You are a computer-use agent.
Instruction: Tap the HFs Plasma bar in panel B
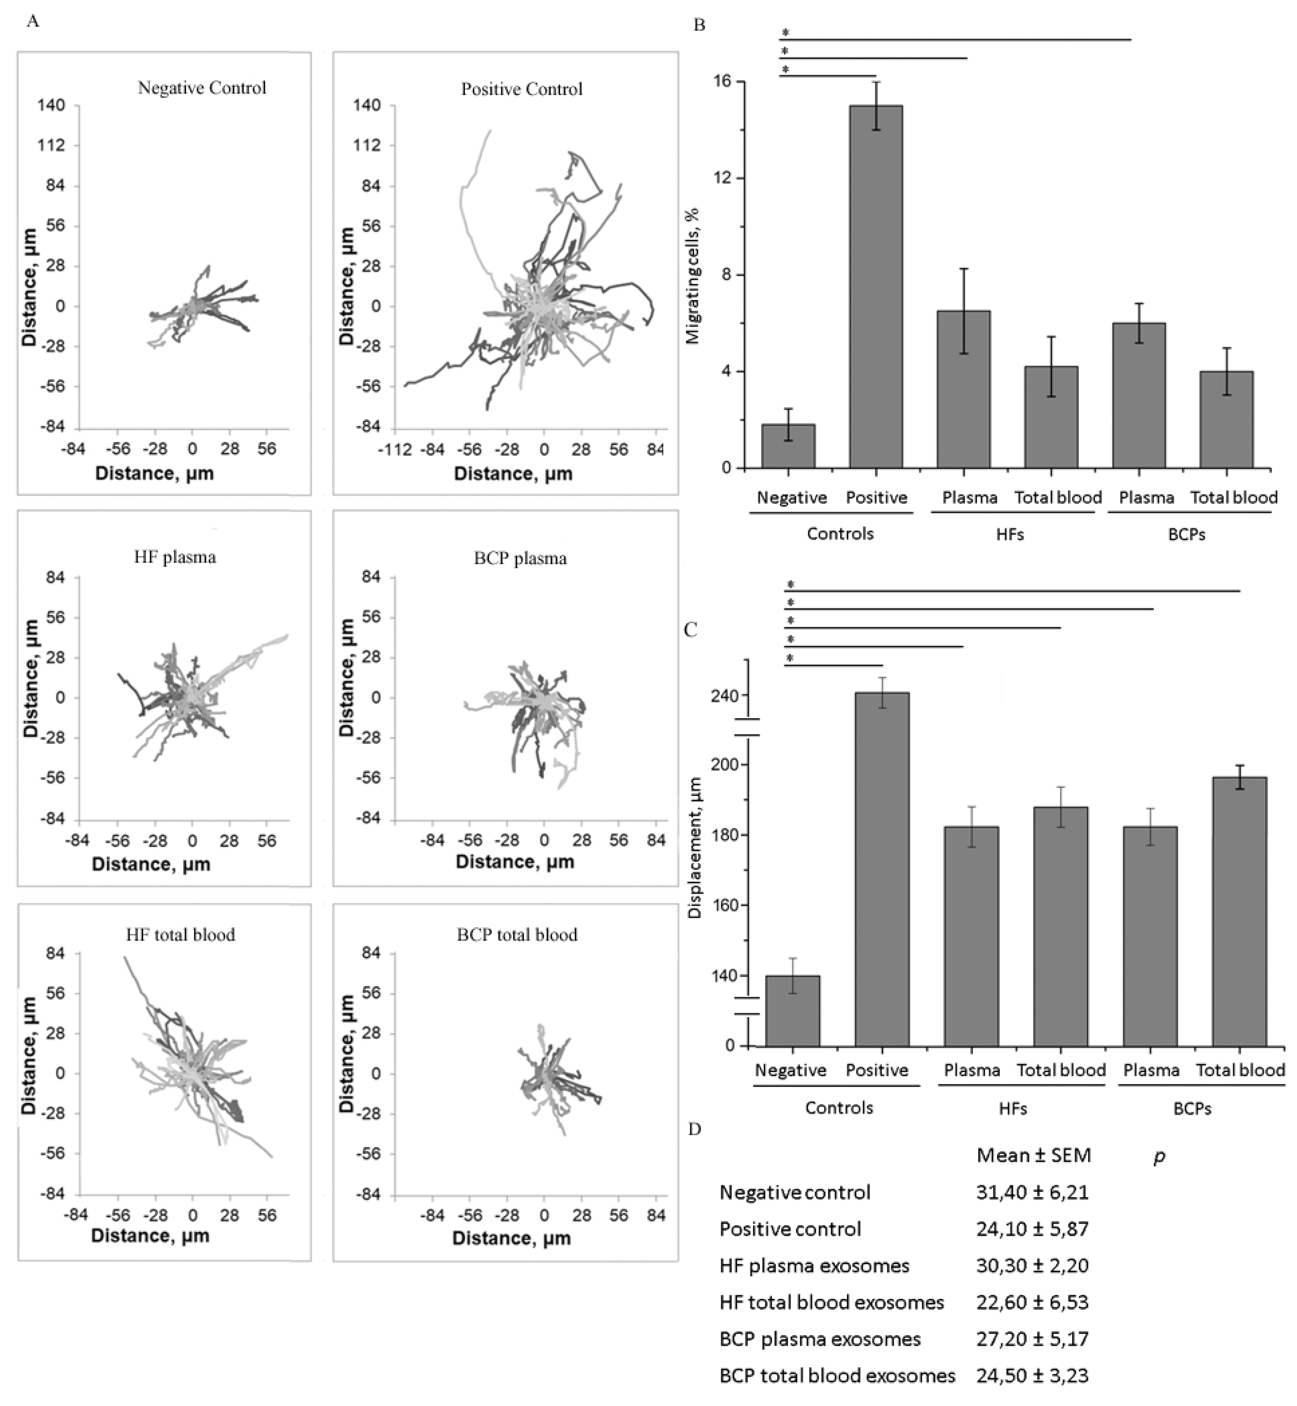point(964,389)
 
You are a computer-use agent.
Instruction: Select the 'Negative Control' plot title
point(202,88)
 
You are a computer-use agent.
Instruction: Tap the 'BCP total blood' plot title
point(517,934)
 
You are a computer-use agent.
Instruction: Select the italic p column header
point(1159,1157)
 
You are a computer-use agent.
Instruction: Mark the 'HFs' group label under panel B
point(1010,534)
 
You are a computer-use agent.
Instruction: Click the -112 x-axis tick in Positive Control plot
point(394,449)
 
